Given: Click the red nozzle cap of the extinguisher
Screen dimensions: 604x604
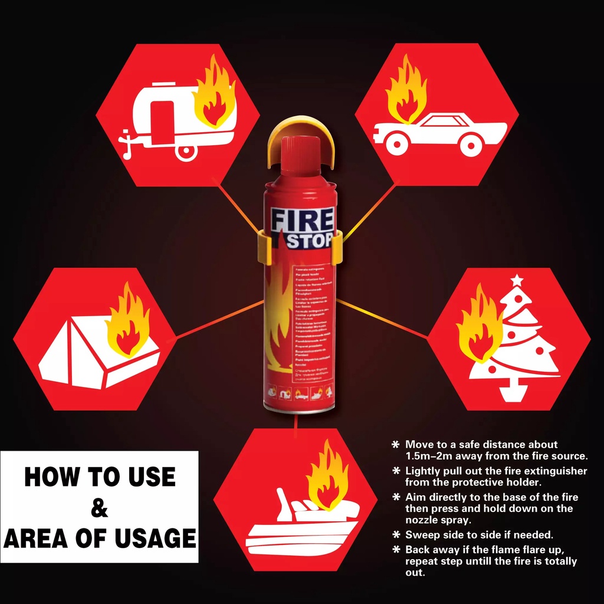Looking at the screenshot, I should (300, 156).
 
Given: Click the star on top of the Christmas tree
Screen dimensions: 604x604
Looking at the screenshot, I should (517, 280).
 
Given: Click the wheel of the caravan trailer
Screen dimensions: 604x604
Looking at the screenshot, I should (186, 150).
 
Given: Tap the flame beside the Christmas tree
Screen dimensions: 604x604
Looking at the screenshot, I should (480, 324).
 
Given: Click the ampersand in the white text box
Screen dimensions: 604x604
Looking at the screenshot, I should (100, 507).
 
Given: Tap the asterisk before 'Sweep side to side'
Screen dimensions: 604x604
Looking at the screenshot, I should (396, 535).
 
